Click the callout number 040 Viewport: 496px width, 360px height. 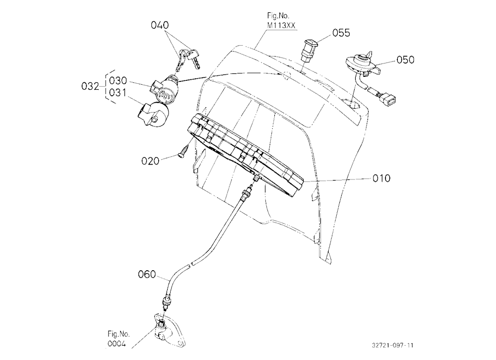click(x=160, y=25)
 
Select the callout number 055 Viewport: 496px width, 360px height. click(x=341, y=33)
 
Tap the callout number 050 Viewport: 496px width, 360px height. click(x=405, y=60)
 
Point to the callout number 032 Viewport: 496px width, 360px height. click(x=90, y=86)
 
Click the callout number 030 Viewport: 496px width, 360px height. click(x=118, y=81)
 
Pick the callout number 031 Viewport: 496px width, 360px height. click(x=118, y=93)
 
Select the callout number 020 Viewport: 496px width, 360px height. click(x=150, y=161)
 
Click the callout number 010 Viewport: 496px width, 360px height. click(x=381, y=179)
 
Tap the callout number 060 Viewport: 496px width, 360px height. click(x=147, y=274)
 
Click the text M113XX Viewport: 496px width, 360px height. click(x=281, y=26)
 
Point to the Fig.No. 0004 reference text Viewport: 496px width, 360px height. click(x=119, y=339)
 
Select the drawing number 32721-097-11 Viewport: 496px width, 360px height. click(x=392, y=345)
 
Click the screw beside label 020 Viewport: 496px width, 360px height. click(x=184, y=151)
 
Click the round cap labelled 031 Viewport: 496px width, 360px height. click(x=153, y=114)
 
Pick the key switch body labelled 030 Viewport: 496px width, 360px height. click(x=164, y=90)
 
